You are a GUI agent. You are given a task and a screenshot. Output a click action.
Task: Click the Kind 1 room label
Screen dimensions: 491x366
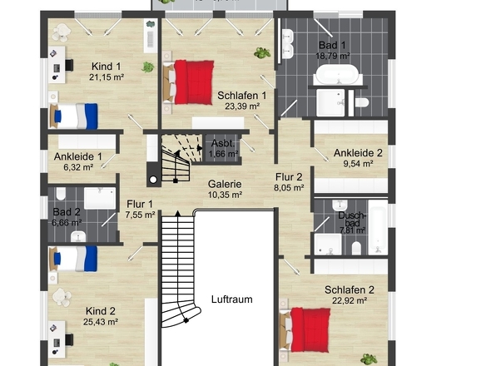[107, 67]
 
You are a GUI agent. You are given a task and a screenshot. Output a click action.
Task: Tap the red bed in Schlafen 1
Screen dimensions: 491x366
[189, 82]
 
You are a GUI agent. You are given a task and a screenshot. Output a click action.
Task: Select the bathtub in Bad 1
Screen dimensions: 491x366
[339, 75]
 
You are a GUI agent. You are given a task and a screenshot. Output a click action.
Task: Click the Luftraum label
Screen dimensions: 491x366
[231, 299]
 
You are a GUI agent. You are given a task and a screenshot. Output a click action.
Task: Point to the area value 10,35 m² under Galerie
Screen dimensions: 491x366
[225, 195]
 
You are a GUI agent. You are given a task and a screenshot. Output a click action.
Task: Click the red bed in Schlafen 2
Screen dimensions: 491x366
[305, 330]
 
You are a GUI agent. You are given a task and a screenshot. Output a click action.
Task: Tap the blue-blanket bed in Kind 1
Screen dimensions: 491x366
[74, 116]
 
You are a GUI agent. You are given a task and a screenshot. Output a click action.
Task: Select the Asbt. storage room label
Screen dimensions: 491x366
[223, 143]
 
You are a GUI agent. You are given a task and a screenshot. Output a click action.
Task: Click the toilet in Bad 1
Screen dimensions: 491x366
[362, 102]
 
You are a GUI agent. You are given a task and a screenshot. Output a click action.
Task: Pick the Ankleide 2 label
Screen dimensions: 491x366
[358, 153]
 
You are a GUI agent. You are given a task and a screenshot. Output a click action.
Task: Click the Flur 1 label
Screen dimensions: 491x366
[140, 204]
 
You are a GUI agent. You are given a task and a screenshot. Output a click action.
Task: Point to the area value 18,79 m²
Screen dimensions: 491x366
[333, 56]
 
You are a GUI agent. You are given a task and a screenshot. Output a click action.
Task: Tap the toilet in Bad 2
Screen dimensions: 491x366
[61, 194]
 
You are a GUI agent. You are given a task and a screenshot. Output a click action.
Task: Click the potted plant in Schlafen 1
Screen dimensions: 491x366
[262, 53]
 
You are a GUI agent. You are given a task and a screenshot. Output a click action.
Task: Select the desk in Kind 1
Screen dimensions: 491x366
[57, 65]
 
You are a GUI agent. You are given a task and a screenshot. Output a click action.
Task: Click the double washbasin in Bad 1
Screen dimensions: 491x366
[287, 44]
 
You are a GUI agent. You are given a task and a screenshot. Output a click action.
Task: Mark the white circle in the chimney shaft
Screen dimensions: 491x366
[153, 180]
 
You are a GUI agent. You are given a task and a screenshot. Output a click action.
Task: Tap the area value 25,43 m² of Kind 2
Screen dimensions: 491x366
[101, 322]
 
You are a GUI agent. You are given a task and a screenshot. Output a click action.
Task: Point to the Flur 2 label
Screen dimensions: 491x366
[289, 177]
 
